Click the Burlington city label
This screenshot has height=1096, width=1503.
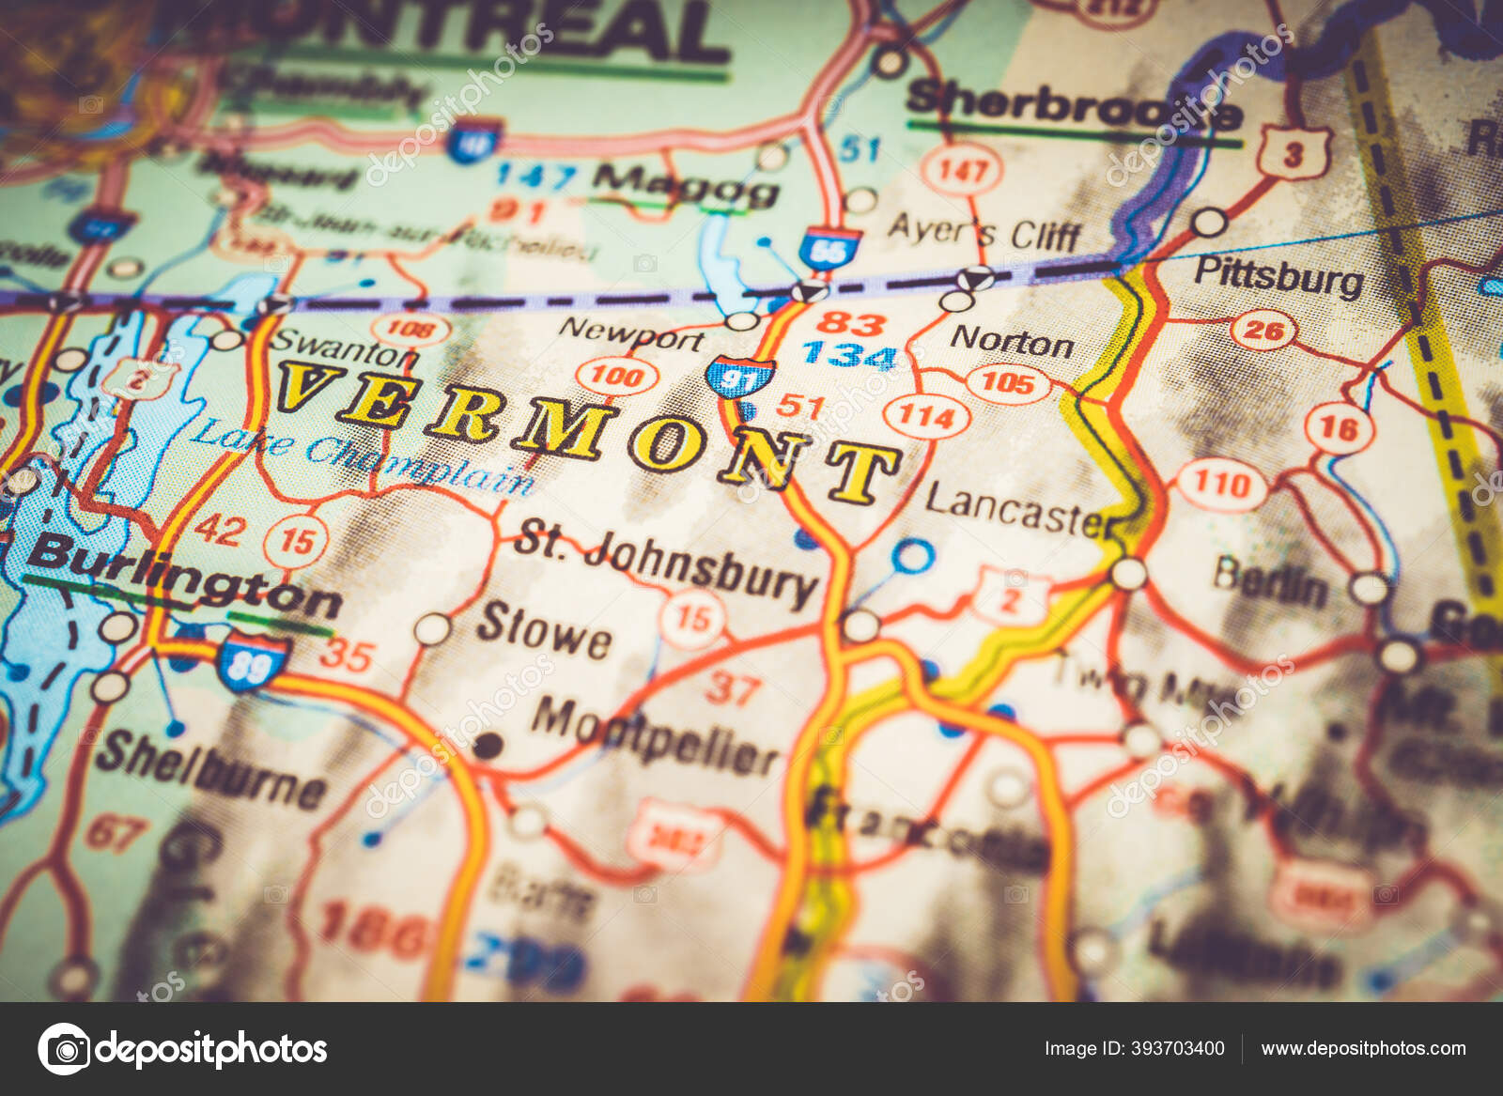point(183,575)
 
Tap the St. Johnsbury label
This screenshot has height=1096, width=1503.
point(665,562)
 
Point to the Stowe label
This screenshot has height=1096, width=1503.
point(543,631)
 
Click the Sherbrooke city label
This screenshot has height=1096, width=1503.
point(1071,106)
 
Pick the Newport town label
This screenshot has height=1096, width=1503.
point(630,332)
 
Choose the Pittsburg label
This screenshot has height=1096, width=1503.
point(1278,276)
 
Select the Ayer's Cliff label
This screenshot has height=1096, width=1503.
point(984,231)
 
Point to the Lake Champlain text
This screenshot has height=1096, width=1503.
point(362,457)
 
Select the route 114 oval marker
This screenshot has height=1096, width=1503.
point(926,415)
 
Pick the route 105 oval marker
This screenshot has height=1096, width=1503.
point(1007,382)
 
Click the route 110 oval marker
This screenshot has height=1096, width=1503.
point(1220,485)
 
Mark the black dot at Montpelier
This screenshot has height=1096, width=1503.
point(487,747)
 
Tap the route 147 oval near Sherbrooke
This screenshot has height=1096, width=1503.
point(962,170)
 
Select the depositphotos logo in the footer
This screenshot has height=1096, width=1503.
point(183,1048)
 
